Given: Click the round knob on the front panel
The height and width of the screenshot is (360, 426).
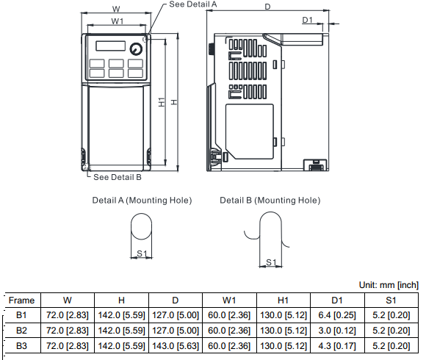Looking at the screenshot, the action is coord(136,49).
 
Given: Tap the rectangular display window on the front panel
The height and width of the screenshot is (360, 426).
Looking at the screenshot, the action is coord(111,46).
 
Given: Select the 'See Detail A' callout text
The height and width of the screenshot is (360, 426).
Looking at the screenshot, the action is coord(193,4).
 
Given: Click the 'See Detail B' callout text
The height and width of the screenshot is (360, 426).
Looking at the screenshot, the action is coord(118,177).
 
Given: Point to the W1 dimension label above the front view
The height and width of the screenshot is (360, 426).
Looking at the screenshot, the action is coord(118,21).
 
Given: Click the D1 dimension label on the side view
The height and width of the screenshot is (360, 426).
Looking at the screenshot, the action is coord(307,20).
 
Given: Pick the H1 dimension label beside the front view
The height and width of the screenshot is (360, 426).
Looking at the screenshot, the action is coord(162,102).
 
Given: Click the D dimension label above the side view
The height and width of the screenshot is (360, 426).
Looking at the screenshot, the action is coord(267,7).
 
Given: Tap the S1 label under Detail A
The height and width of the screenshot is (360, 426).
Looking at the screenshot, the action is coord(142,253).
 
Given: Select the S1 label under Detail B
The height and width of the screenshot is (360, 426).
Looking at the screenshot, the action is coord(271,262).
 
